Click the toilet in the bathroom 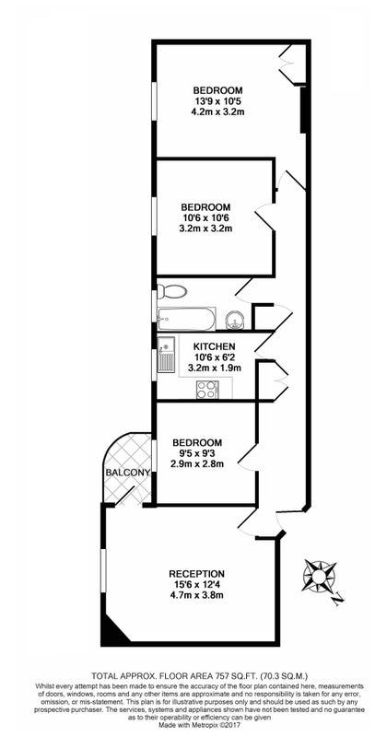coord(171,291)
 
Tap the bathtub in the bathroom coord(186,319)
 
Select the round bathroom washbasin coord(234,321)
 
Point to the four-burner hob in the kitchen coord(207,389)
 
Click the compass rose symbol coord(319,576)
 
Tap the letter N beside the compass coord(337,598)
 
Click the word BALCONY coord(127,472)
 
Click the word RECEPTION coord(196,573)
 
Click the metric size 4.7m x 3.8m coord(196,595)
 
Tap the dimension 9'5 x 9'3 coord(196,453)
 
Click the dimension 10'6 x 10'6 coord(205,218)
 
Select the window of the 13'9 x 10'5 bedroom coord(153,99)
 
